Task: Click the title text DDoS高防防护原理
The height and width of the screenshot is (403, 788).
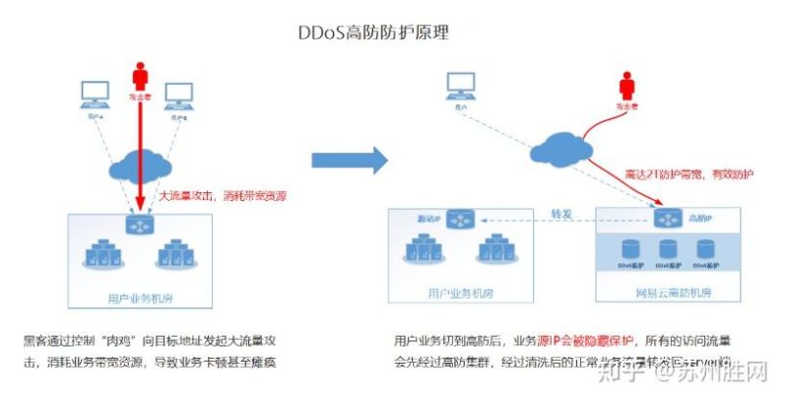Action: pyautogui.click(x=373, y=33)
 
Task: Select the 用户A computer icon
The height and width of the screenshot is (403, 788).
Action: pyautogui.click(x=96, y=96)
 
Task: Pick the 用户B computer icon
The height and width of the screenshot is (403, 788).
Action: pyautogui.click(x=178, y=96)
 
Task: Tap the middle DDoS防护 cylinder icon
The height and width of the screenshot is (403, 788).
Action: pyautogui.click(x=668, y=250)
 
